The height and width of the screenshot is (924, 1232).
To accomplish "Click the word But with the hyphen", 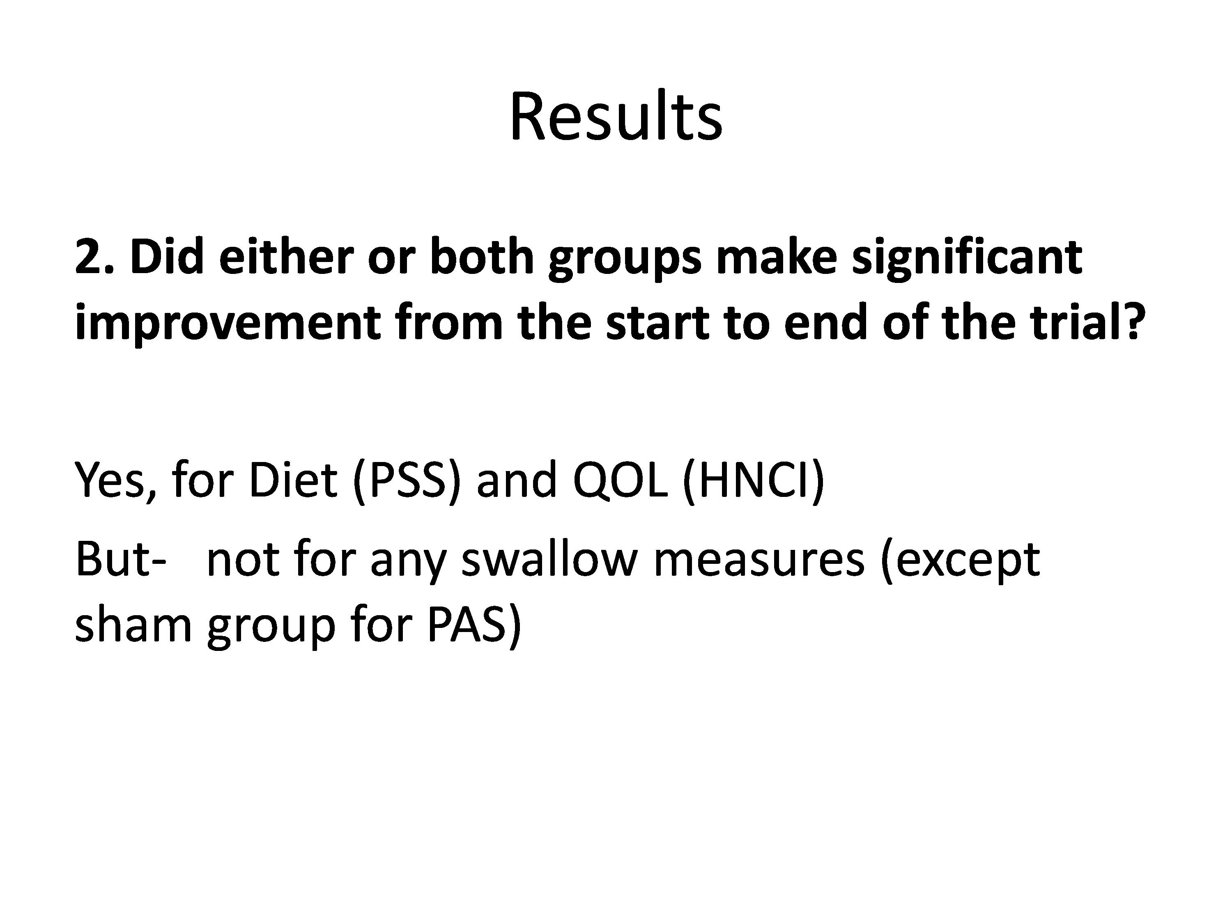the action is [x=120, y=559].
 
